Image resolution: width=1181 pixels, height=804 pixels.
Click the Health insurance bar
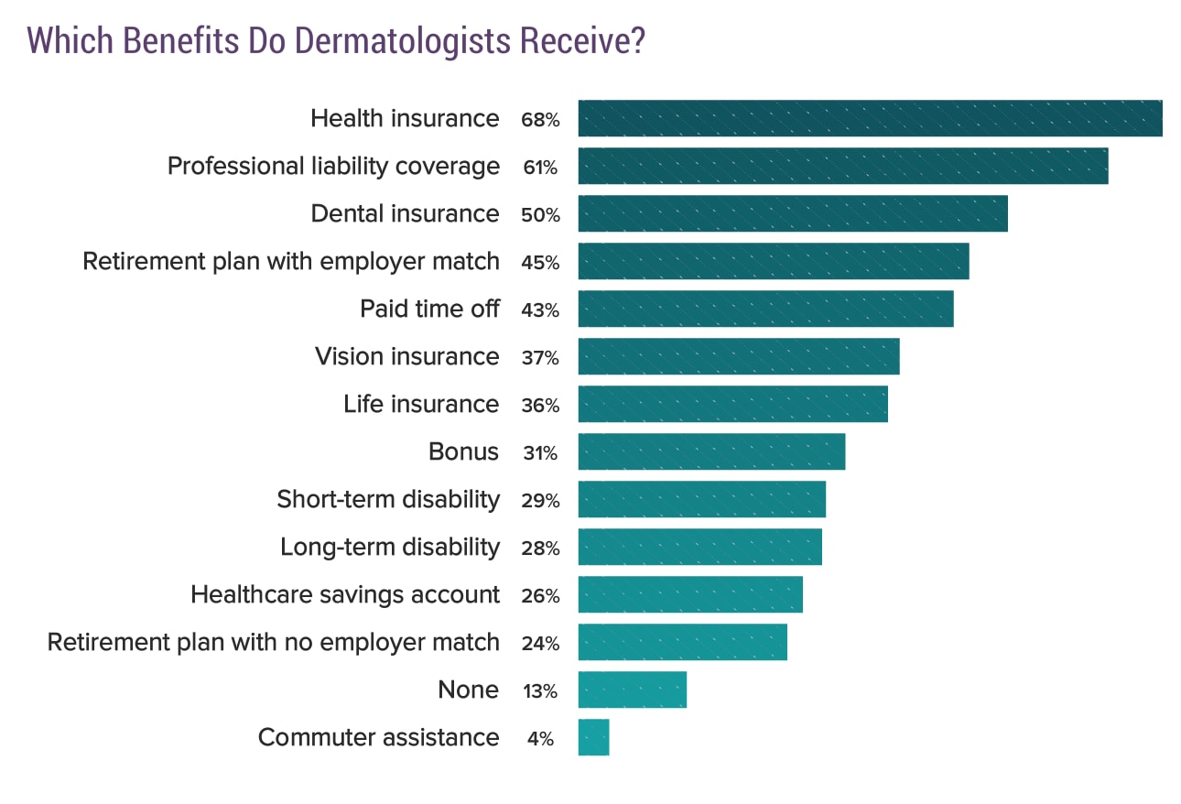(870, 118)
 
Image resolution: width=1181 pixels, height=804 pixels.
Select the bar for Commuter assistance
(593, 737)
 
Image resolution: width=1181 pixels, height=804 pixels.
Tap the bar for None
(632, 690)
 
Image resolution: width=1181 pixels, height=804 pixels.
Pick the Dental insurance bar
(793, 213)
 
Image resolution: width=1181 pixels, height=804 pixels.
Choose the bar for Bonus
(711, 451)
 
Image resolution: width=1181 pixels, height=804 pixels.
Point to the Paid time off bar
(765, 309)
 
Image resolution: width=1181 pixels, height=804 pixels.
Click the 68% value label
(539, 120)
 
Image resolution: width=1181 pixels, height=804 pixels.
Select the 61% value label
(539, 168)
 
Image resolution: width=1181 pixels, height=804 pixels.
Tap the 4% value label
(540, 739)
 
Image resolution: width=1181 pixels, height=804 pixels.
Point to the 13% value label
(539, 691)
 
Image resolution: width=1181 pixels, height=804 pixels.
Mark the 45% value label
(539, 263)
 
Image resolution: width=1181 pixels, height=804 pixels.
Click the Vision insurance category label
(406, 356)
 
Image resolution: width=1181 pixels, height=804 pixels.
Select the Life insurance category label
(421, 404)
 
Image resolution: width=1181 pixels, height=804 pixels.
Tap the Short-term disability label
(388, 499)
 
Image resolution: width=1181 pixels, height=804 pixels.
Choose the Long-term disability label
(390, 547)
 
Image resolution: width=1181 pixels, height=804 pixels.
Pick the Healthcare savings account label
(345, 594)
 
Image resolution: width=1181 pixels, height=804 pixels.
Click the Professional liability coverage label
(333, 166)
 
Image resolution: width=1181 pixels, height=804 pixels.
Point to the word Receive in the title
(576, 42)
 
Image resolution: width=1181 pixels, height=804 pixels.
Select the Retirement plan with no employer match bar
(682, 642)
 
